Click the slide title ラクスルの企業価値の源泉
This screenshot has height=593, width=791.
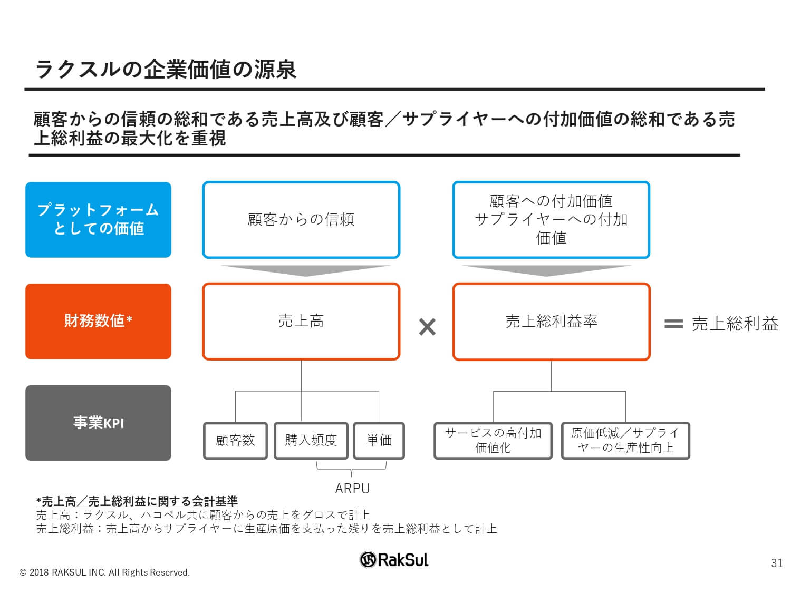click(166, 69)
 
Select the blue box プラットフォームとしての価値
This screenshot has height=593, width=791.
click(98, 220)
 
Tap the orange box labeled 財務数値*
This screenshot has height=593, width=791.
click(98, 321)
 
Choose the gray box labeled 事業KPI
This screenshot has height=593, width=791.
click(98, 423)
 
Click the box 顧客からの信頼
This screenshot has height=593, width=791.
click(301, 220)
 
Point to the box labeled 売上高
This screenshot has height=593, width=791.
click(301, 321)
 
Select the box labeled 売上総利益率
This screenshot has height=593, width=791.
click(551, 321)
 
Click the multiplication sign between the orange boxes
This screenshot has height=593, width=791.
click(427, 327)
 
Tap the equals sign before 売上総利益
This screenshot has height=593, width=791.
click(673, 324)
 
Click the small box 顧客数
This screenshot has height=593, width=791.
click(235, 440)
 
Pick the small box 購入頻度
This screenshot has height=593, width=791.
click(311, 440)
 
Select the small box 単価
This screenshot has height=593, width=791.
click(379, 440)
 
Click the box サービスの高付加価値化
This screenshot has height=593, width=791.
click(493, 440)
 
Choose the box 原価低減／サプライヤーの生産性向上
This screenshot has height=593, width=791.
click(625, 440)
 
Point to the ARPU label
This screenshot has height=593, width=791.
click(352, 489)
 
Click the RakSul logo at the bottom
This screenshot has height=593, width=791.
click(394, 559)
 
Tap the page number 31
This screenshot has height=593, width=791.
click(777, 563)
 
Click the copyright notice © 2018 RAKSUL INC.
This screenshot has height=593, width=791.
click(104, 572)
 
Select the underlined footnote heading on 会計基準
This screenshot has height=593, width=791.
click(137, 501)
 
